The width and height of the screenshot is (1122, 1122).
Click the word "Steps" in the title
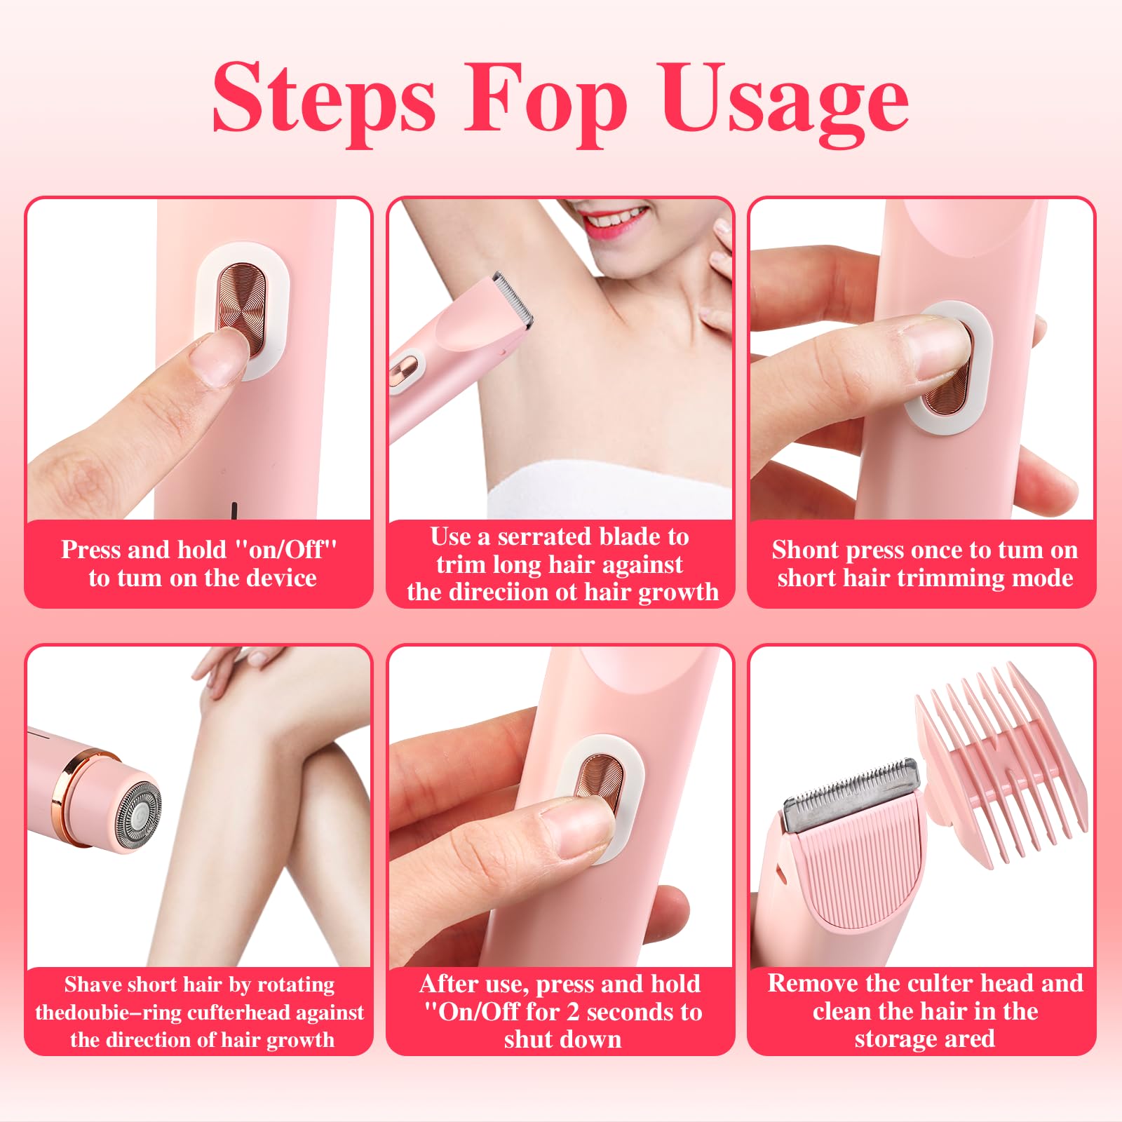click(324, 98)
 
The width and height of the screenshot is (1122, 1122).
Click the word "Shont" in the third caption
click(806, 550)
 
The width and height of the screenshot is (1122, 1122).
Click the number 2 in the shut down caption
click(572, 1012)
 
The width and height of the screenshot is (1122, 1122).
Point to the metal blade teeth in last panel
click(852, 792)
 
